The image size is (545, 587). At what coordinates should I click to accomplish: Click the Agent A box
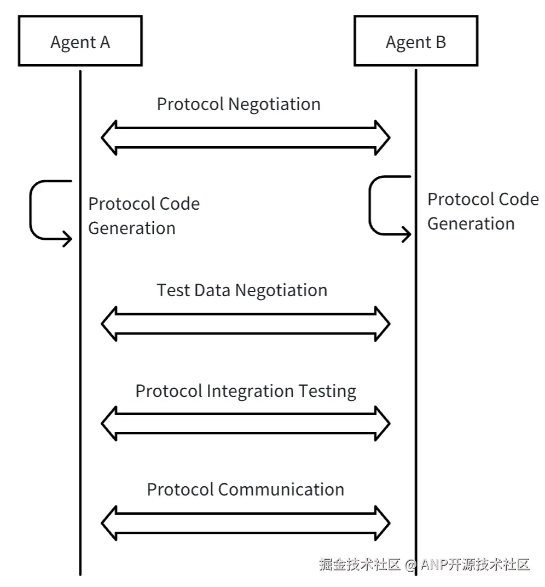[80, 42]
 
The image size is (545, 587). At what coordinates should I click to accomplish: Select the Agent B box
[416, 42]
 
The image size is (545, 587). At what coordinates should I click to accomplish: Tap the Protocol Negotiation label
[239, 104]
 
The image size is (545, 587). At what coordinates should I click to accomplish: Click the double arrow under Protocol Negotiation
[246, 137]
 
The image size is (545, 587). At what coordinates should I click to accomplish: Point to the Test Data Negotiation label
[242, 290]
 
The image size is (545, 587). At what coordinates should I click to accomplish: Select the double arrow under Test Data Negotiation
[246, 324]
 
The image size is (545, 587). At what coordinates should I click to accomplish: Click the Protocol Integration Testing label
[246, 391]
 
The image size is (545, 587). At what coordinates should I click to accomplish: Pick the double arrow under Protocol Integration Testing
[246, 423]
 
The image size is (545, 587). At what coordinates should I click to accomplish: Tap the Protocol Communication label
[245, 489]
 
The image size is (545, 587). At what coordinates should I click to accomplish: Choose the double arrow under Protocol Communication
[246, 522]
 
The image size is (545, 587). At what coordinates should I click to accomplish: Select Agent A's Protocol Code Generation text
[144, 216]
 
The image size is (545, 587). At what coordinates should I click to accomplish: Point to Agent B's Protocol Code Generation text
[483, 211]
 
